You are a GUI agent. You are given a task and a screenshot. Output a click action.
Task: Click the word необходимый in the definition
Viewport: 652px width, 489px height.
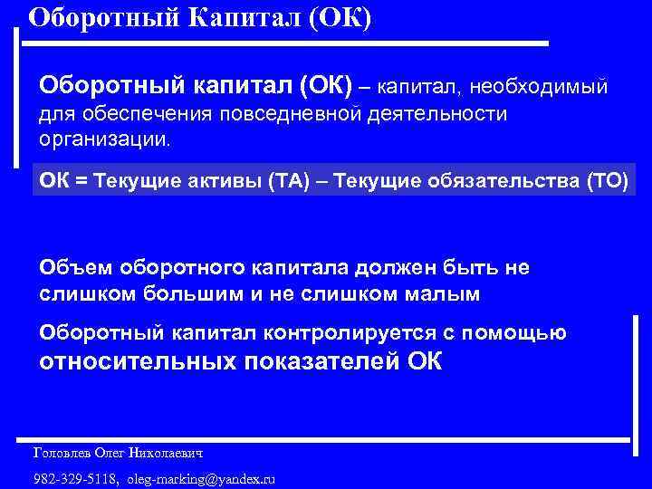click(542, 87)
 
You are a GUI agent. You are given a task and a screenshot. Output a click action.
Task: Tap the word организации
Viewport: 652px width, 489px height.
click(103, 140)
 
